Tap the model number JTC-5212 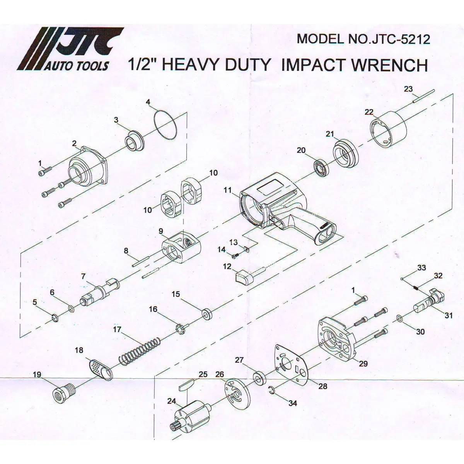point(401,39)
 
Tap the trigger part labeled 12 point(243,277)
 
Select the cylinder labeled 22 point(388,130)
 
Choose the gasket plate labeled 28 point(292,364)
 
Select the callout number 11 point(227,191)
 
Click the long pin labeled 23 point(423,97)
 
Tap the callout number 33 point(421,268)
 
